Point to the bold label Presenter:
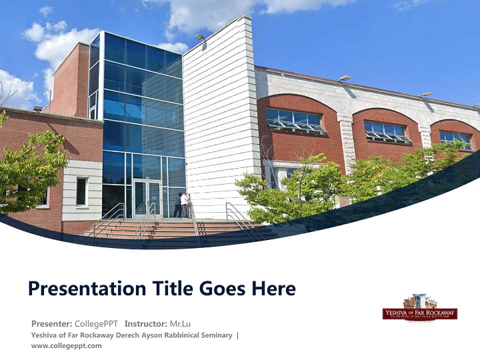(x=51, y=323)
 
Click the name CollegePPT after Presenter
(x=96, y=323)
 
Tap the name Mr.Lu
(x=180, y=323)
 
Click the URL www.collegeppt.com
(x=66, y=345)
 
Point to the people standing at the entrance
(x=182, y=204)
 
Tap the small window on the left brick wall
(x=81, y=191)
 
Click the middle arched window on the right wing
(x=386, y=131)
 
